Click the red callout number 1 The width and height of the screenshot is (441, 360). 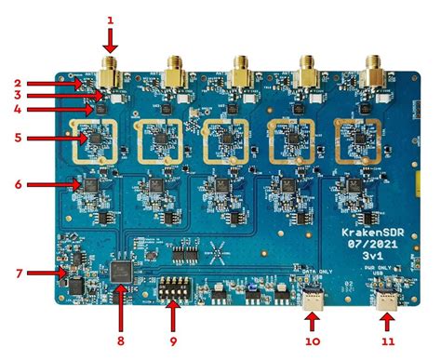(110, 18)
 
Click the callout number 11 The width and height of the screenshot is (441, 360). (386, 342)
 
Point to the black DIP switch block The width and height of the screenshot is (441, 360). (171, 291)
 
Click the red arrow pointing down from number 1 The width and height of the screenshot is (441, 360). (110, 39)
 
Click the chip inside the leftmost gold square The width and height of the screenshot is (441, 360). (93, 140)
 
